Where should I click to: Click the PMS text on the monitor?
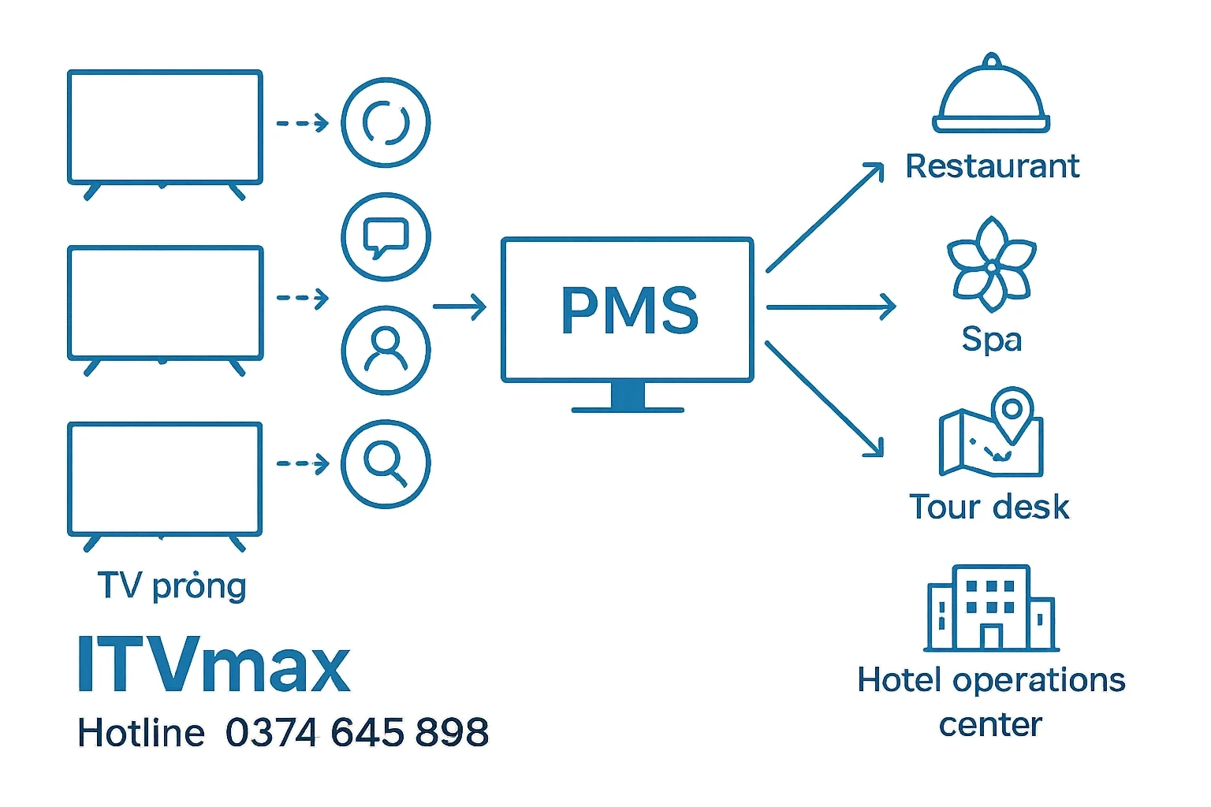point(629,310)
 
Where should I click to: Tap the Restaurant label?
point(992,166)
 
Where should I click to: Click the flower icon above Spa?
point(991,265)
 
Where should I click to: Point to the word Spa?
point(991,339)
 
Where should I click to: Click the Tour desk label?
point(989,507)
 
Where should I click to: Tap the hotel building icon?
point(990,608)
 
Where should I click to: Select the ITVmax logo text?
point(213,666)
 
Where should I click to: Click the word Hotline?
point(141,733)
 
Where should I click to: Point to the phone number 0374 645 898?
point(357,733)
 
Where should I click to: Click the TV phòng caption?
point(172,586)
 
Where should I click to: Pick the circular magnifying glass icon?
point(386,463)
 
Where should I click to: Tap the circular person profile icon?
point(386,350)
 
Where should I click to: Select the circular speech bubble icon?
point(386,236)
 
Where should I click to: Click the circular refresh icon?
point(386,122)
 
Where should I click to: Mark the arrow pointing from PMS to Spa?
point(831,307)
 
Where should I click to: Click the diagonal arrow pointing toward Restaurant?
point(825,217)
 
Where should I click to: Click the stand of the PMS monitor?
point(628,397)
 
